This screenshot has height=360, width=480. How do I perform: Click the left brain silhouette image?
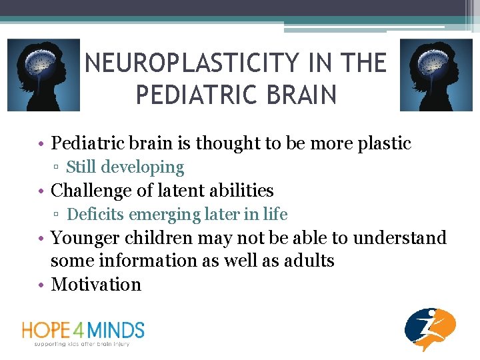pos(43,75)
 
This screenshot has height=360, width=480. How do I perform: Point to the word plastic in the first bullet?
pos(383,143)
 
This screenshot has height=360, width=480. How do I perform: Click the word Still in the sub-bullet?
pos(82,167)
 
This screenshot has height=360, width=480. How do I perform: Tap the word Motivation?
pos(96,284)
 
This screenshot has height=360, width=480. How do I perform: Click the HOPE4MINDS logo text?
pos(83,329)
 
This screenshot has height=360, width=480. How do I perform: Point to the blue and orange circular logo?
pos(430,329)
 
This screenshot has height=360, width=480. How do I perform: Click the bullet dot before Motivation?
pos(42,285)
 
